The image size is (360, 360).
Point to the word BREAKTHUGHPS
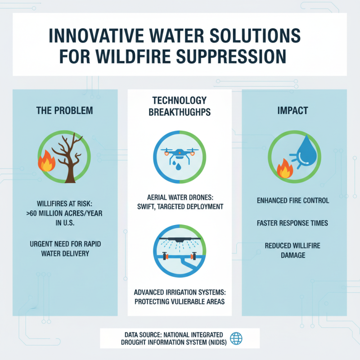(180, 113)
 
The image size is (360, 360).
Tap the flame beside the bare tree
(46, 163)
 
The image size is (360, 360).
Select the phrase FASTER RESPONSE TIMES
(295, 223)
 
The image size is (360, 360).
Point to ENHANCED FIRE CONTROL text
(295, 200)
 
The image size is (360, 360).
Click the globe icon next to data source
(236, 338)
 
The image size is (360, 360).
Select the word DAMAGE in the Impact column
(295, 255)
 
